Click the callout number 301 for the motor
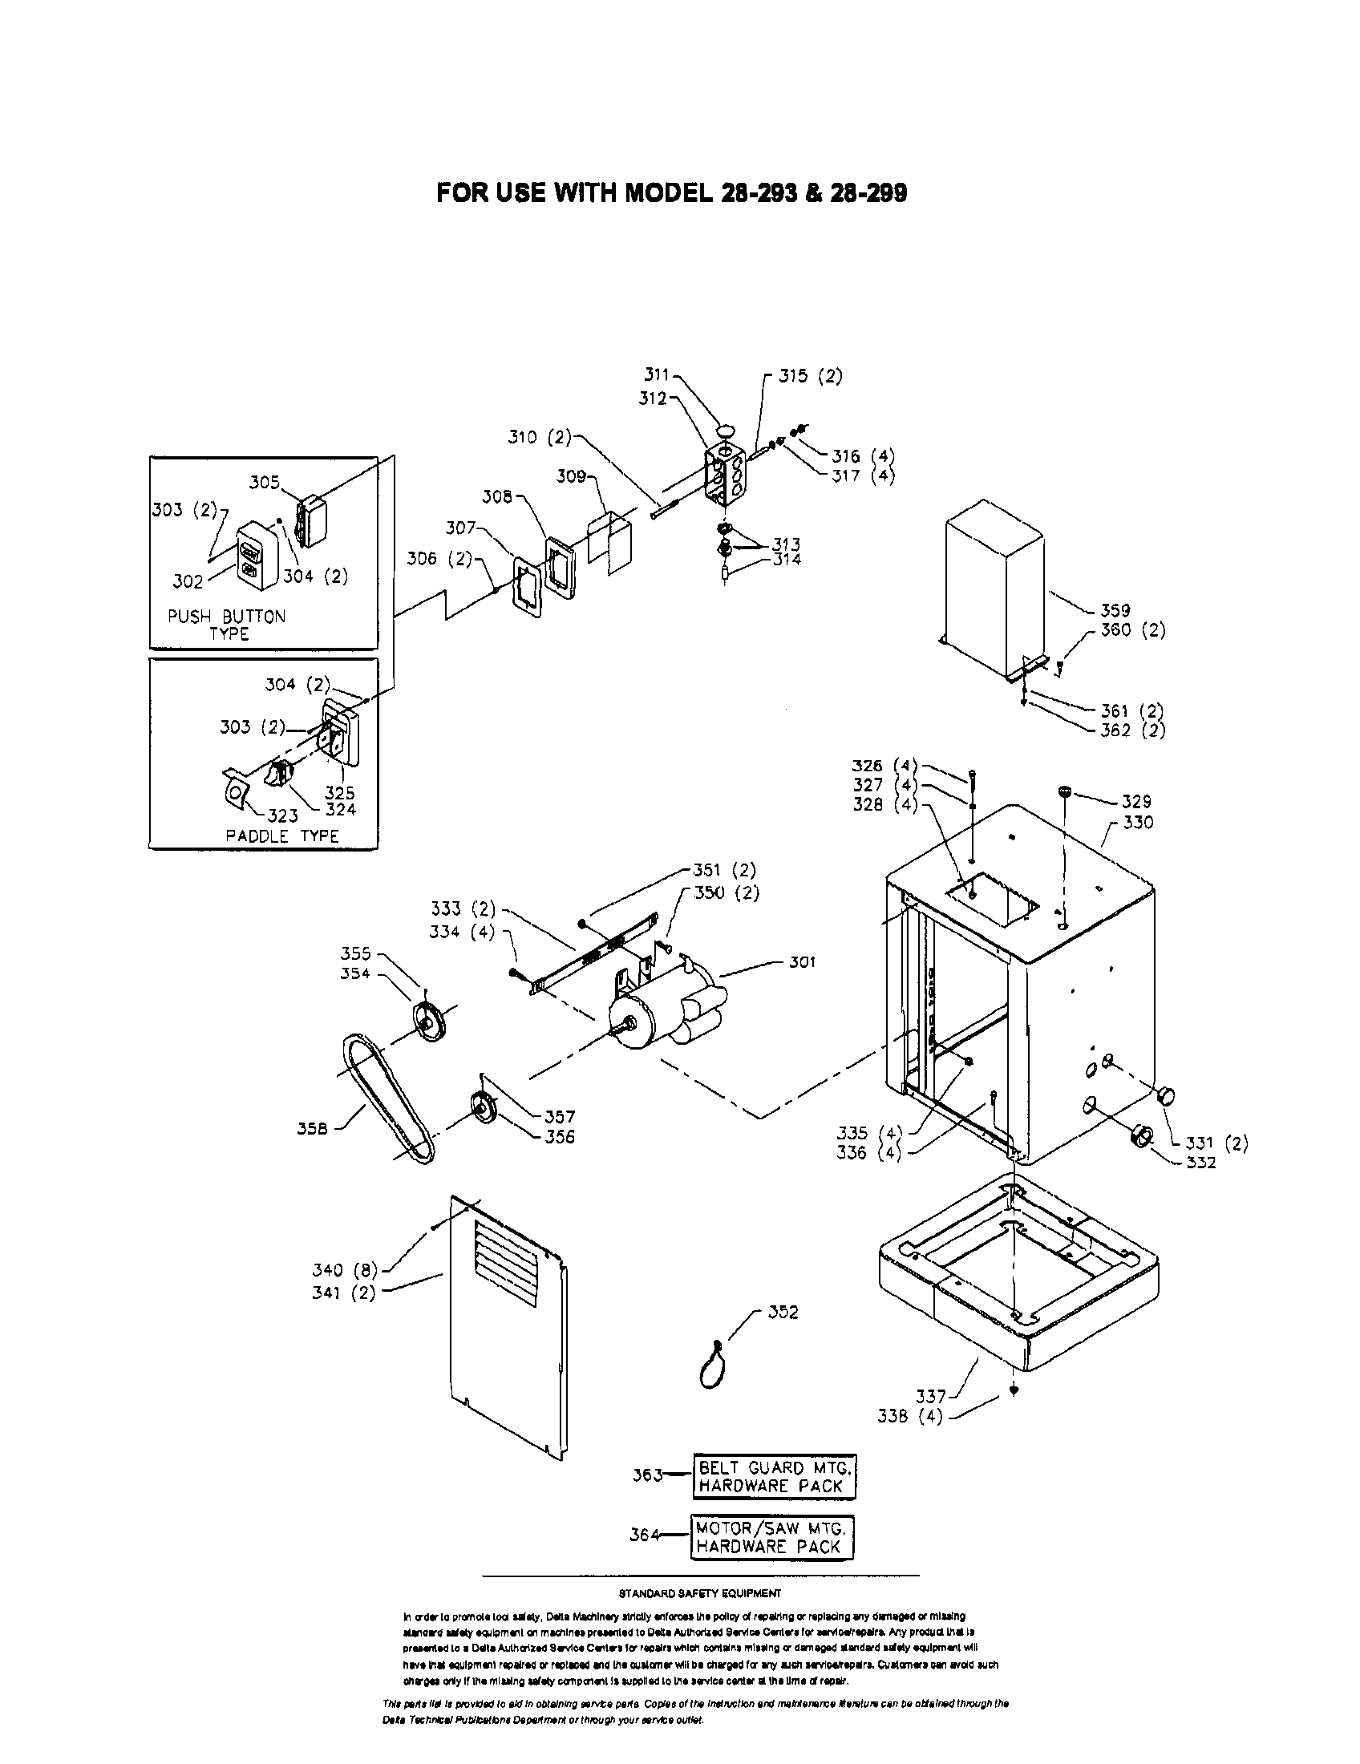(802, 962)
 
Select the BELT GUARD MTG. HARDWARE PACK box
(773, 1476)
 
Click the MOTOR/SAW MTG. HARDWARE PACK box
(772, 1537)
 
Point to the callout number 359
(1115, 611)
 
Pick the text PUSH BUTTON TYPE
(227, 625)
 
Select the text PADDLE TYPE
(281, 836)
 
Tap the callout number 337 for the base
(930, 1396)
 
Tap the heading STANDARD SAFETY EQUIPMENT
(699, 1593)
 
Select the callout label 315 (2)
(810, 376)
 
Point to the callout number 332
(1201, 1163)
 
